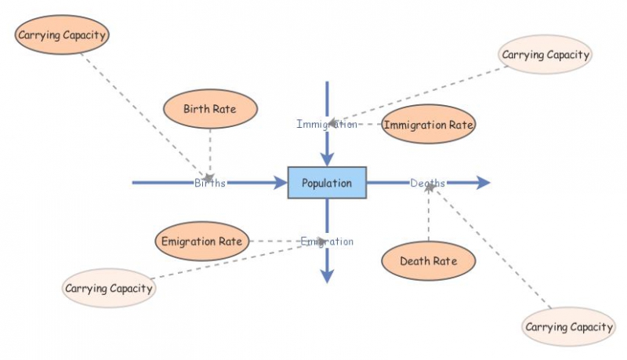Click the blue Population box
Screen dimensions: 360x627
click(x=327, y=183)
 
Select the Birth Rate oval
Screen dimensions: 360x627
click(x=210, y=109)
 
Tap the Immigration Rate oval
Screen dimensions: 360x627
click(x=428, y=124)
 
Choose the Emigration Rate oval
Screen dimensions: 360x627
click(x=202, y=241)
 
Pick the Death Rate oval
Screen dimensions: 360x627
click(x=428, y=260)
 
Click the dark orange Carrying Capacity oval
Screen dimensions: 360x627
click(x=62, y=35)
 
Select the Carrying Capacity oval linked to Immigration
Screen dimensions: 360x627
click(x=545, y=55)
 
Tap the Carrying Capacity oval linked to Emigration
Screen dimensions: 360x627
click(x=109, y=288)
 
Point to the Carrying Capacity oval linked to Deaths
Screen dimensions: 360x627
click(x=568, y=326)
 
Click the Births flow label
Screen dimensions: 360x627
click(x=210, y=184)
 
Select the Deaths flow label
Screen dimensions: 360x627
click(x=427, y=184)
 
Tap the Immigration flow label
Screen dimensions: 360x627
click(x=327, y=124)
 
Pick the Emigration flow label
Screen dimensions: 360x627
click(x=327, y=242)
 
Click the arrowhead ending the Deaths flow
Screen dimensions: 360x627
click(x=482, y=183)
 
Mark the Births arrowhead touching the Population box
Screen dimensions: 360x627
click(x=280, y=183)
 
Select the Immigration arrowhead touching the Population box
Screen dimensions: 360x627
click(x=327, y=158)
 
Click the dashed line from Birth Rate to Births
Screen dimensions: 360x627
click(x=210, y=149)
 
